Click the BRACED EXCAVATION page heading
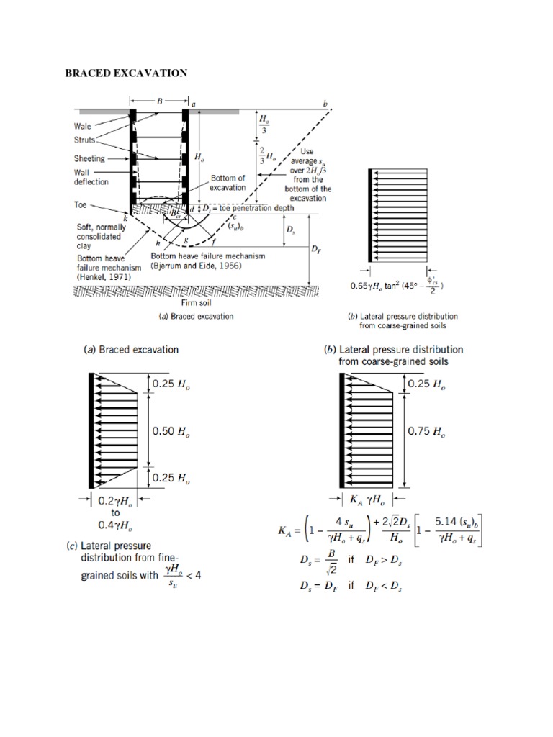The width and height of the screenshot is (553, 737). [x=127, y=73]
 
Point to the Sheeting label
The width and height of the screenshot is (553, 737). [x=89, y=158]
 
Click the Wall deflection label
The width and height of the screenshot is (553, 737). [x=91, y=177]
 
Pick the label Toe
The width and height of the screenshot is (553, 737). [x=81, y=204]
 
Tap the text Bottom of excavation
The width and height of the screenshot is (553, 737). [x=228, y=182]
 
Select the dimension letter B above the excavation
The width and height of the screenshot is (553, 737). [x=160, y=101]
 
